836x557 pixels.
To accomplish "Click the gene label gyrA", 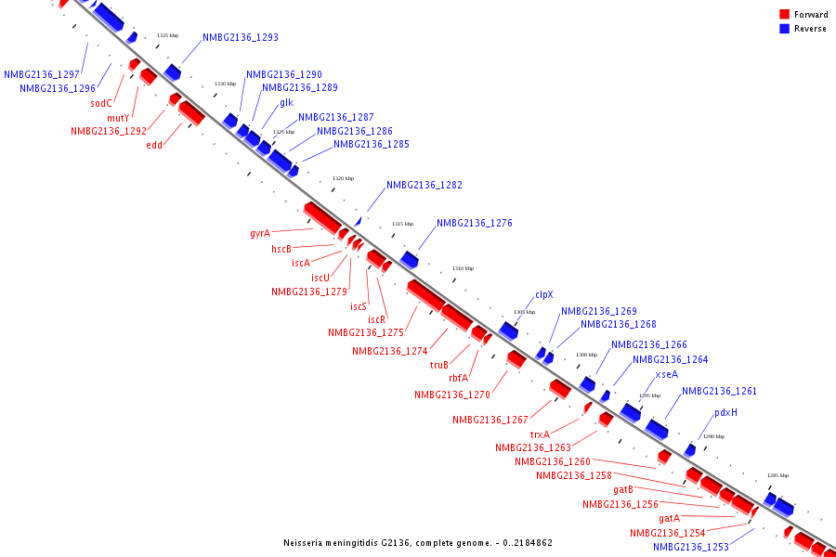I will [260, 233].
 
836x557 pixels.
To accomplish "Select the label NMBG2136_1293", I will [241, 38].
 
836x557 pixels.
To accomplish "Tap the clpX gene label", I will [544, 295].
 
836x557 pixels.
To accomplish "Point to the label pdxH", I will [725, 412].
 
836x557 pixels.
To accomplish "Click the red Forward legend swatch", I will [785, 15].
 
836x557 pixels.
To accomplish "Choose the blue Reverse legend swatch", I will [785, 29].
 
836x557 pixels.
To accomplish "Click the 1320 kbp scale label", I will [343, 178].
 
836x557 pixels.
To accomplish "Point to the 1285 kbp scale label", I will [777, 475].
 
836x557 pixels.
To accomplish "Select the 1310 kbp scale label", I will [463, 268].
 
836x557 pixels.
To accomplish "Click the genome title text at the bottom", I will [418, 542].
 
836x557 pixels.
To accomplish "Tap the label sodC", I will [101, 104].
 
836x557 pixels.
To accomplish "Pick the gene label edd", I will [154, 145].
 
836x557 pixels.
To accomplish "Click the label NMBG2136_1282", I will [424, 186].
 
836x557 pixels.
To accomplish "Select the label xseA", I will [667, 375].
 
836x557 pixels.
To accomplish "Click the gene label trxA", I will [540, 434].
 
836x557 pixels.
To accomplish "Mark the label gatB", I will [623, 489].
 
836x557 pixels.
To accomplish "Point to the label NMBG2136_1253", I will [690, 548].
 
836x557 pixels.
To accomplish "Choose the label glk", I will [286, 103].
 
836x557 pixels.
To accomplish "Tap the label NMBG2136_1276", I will [474, 224].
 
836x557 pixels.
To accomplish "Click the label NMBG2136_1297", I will [41, 75].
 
